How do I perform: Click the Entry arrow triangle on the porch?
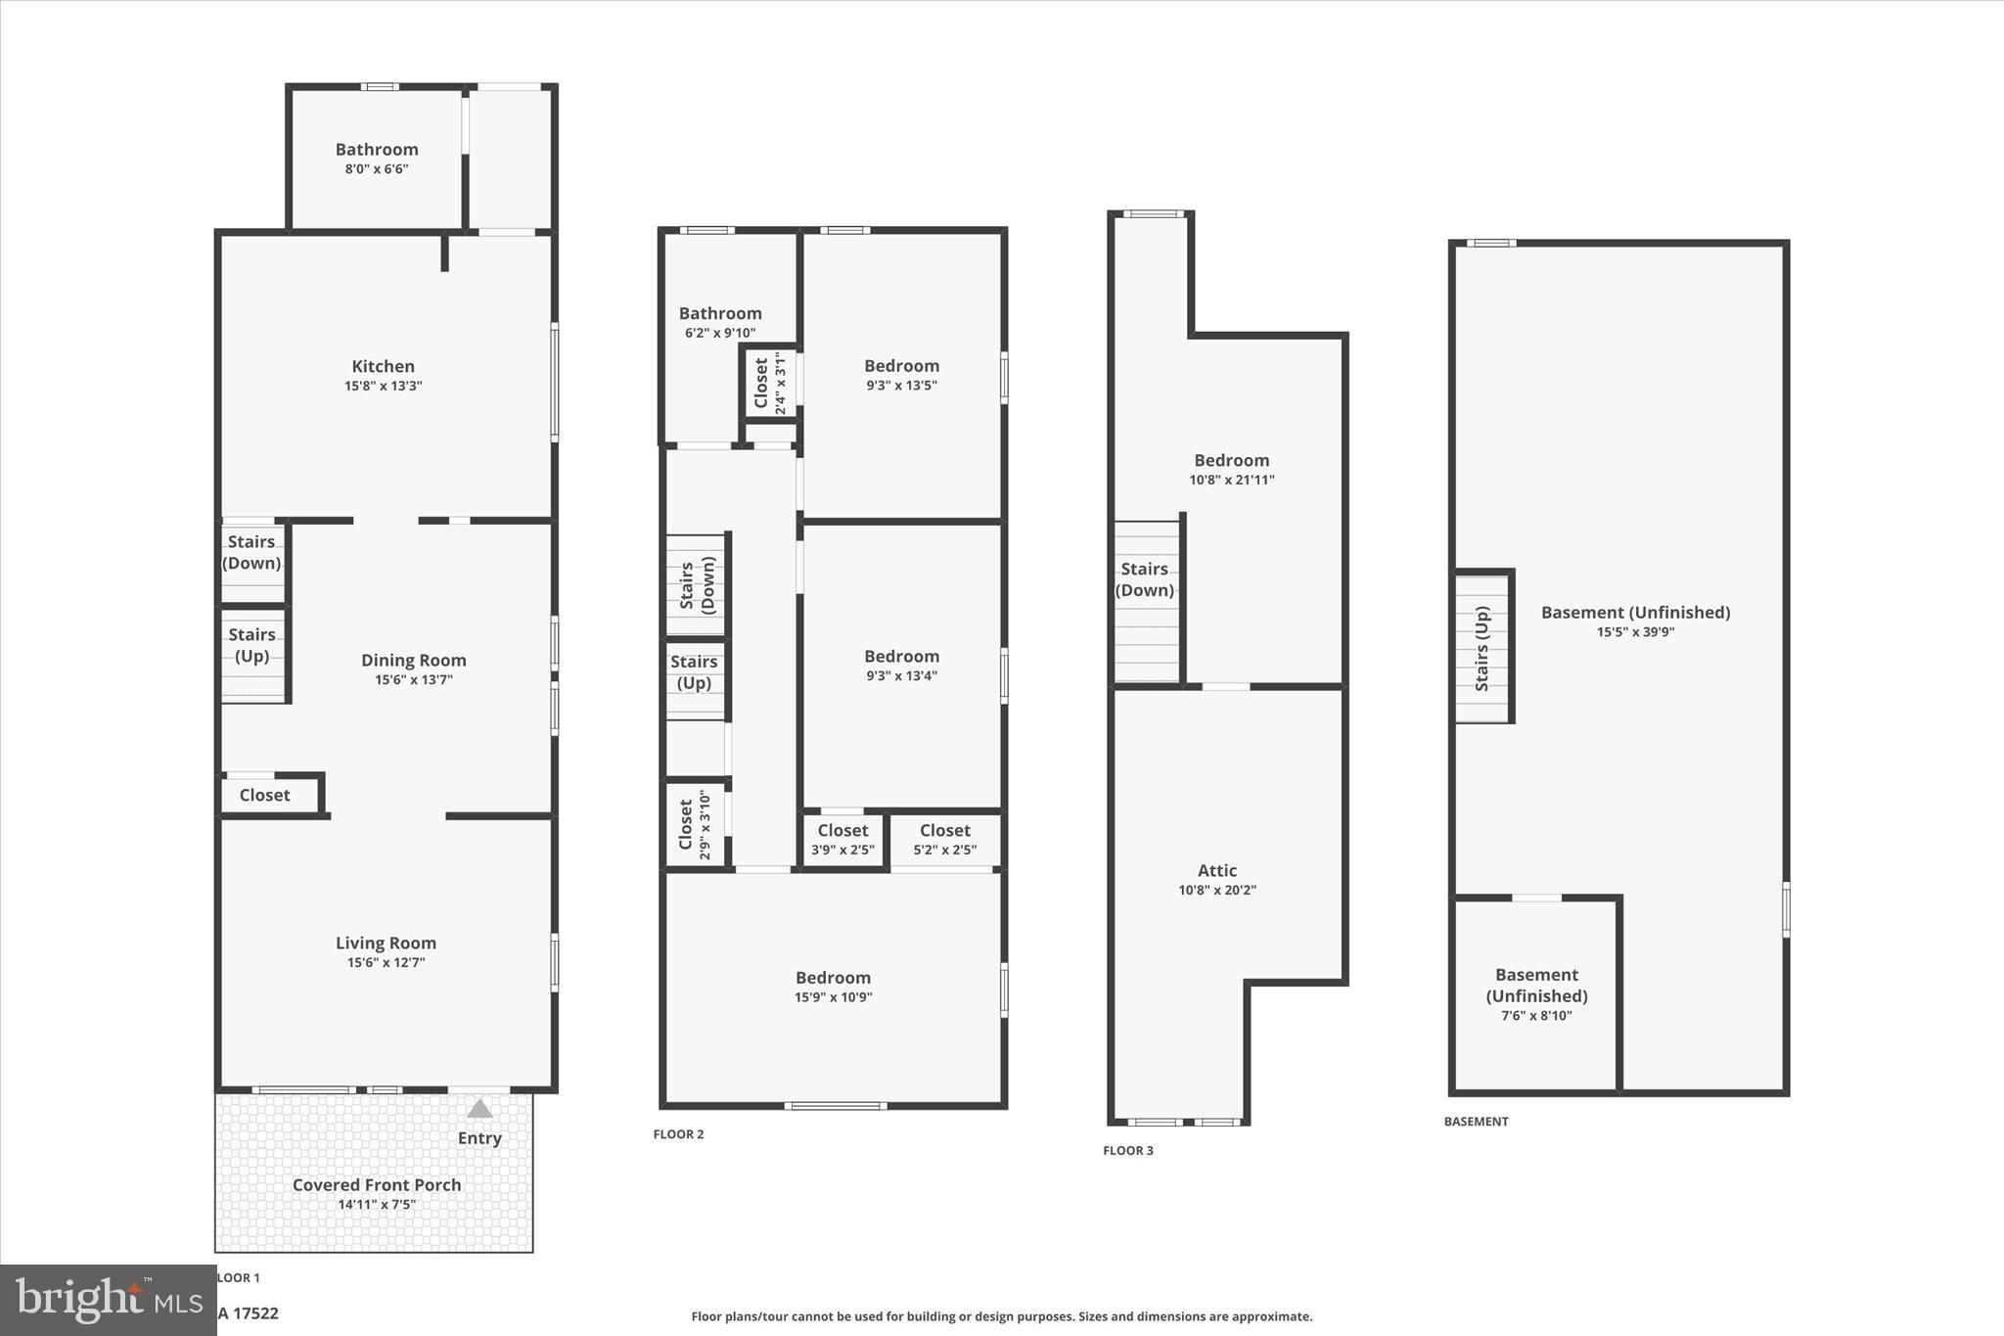479,1109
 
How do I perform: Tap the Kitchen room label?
383,366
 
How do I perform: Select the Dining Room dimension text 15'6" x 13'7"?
413,680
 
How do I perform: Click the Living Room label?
386,943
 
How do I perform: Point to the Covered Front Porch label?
377,1184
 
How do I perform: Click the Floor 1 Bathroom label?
377,150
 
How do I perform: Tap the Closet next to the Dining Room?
265,795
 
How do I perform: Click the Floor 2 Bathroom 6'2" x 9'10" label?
720,322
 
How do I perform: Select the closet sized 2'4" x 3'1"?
770,383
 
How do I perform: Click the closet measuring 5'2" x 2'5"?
944,840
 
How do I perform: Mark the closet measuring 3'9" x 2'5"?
843,840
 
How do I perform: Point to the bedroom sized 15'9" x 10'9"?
833,987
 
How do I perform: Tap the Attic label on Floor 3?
1217,870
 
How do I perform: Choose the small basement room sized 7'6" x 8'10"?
1536,993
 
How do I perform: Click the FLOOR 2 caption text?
678,1134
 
